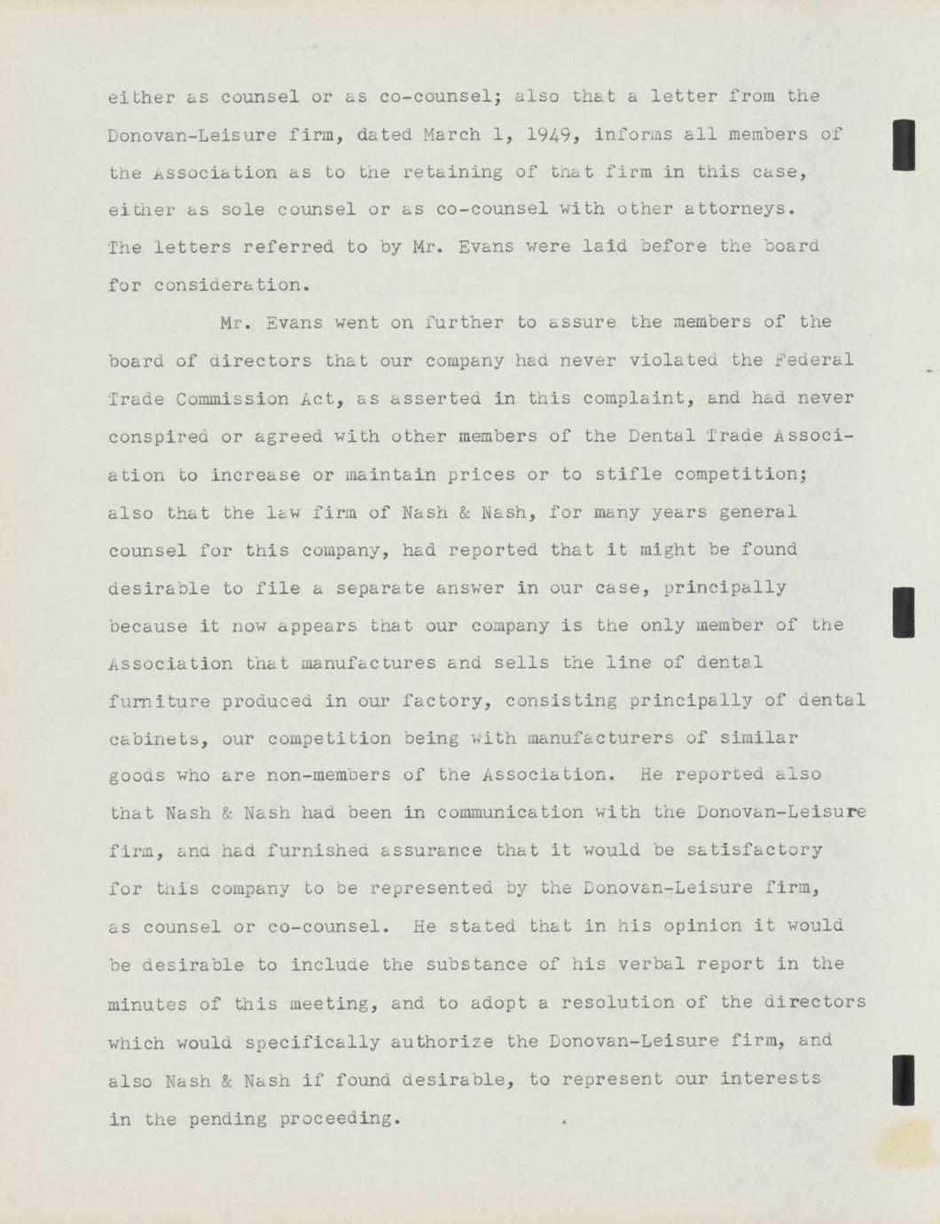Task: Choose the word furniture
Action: (159, 701)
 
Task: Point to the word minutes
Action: (146, 1004)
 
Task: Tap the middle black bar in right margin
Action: (904, 612)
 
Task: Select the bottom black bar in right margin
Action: (904, 1079)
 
